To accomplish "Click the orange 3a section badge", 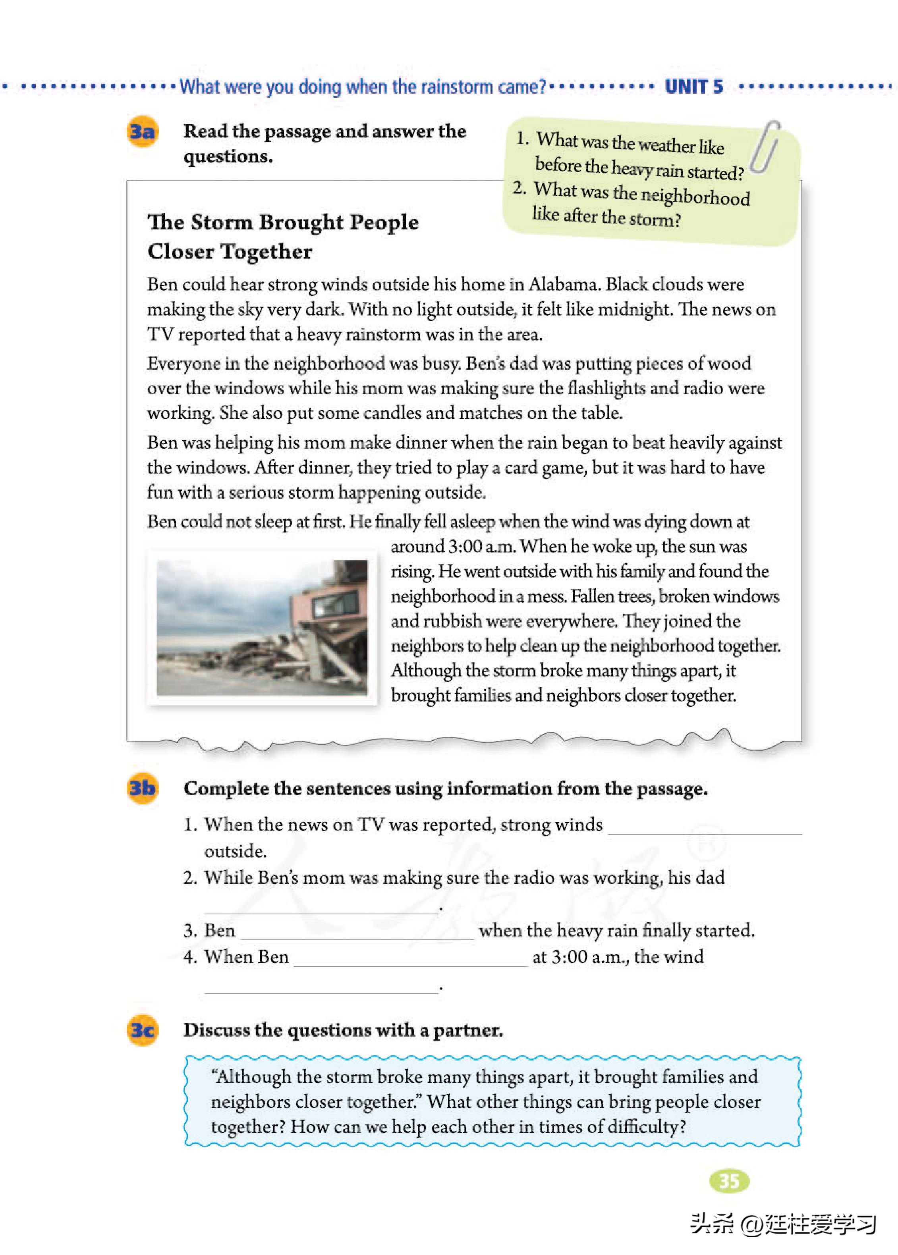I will tap(142, 131).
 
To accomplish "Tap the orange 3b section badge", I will tap(142, 788).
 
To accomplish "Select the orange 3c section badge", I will tap(142, 1030).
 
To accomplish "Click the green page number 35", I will tap(729, 1181).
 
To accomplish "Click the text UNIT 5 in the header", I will tap(693, 87).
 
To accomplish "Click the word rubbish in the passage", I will tap(453, 621).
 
